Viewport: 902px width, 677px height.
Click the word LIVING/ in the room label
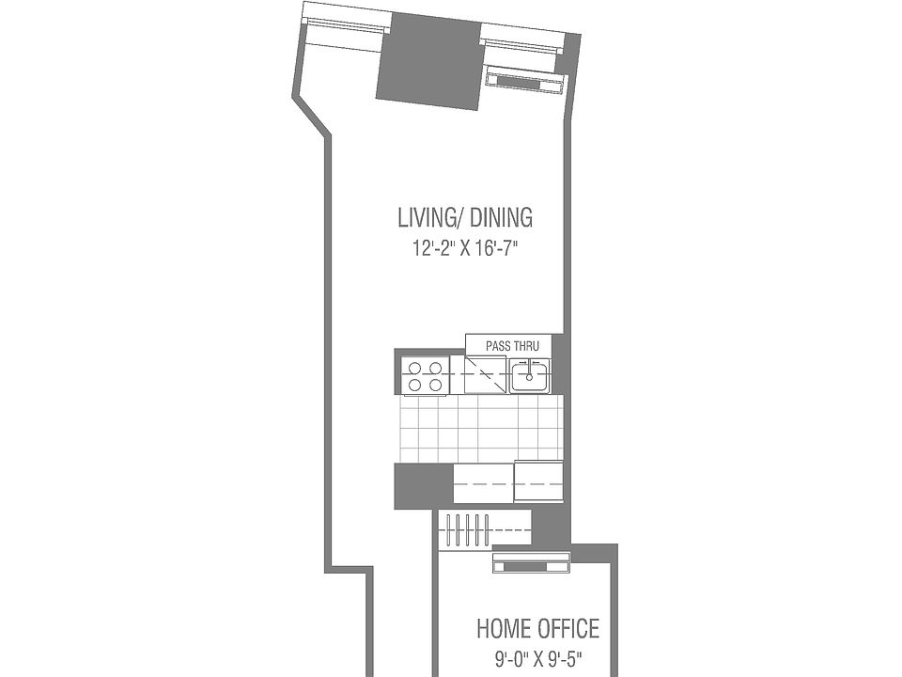tap(428, 218)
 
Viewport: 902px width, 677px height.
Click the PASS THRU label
tap(511, 345)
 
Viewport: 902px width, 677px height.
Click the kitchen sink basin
tap(531, 376)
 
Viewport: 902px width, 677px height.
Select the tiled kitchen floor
tap(481, 428)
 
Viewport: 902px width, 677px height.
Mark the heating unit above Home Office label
tap(531, 564)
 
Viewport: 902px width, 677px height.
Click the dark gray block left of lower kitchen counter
tap(410, 485)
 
